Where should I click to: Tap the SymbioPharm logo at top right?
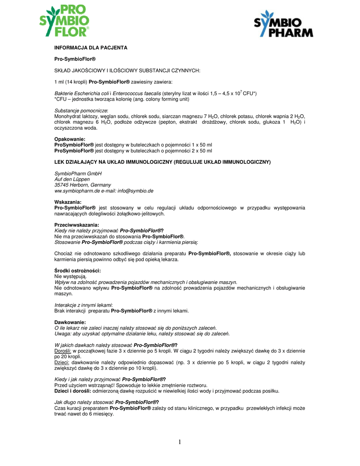[x=283, y=25]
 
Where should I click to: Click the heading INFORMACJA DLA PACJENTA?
[x=91, y=48]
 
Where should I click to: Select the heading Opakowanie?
[x=70, y=139]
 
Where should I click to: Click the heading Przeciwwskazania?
[x=77, y=225]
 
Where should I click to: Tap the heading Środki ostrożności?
[x=77, y=271]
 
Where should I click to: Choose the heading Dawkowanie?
[x=70, y=323]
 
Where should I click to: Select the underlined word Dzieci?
[x=61, y=363]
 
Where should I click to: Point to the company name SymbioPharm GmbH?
[x=78, y=173]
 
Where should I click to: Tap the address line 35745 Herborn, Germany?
[x=82, y=185]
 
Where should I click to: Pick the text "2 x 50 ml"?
[x=201, y=151]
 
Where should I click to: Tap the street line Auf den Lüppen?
[x=72, y=179]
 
